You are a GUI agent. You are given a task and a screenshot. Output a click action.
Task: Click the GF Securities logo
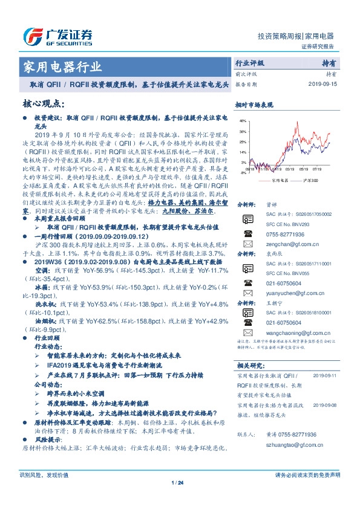pyautogui.click(x=57, y=36)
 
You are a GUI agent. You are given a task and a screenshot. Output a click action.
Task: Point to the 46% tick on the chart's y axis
pyautogui.click(x=243, y=121)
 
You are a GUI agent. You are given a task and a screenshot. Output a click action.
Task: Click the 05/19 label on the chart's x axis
pyautogui.click(x=303, y=170)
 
